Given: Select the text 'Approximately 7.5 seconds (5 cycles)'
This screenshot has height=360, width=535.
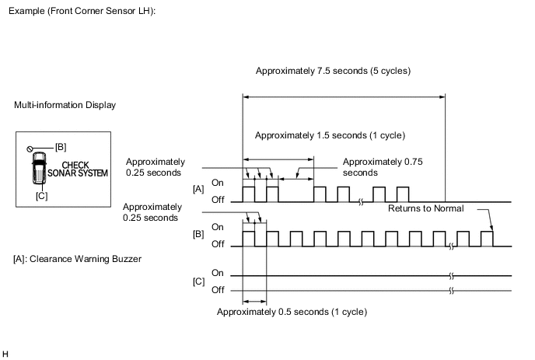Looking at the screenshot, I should point(332,71).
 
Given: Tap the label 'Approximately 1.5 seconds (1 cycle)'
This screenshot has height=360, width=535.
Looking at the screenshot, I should point(330,135).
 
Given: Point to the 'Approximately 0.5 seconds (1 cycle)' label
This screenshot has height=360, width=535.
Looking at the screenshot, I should point(292,312).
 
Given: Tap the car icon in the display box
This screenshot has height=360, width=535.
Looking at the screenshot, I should point(38,170).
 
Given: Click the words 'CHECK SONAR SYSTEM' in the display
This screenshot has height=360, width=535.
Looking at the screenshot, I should point(75,170).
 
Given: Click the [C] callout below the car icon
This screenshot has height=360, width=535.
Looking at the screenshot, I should point(41,196).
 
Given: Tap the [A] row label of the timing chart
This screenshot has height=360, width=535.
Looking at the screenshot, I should point(198,188).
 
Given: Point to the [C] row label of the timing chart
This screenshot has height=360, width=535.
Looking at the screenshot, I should point(198,281).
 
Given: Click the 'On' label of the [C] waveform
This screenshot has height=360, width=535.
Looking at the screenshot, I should point(218,273).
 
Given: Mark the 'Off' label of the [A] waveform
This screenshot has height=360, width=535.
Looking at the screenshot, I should point(219,200).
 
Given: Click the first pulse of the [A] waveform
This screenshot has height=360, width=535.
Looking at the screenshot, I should point(249,194).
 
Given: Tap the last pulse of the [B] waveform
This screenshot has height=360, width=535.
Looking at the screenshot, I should point(488,238).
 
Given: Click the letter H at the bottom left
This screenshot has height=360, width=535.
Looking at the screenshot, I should point(7,355).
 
